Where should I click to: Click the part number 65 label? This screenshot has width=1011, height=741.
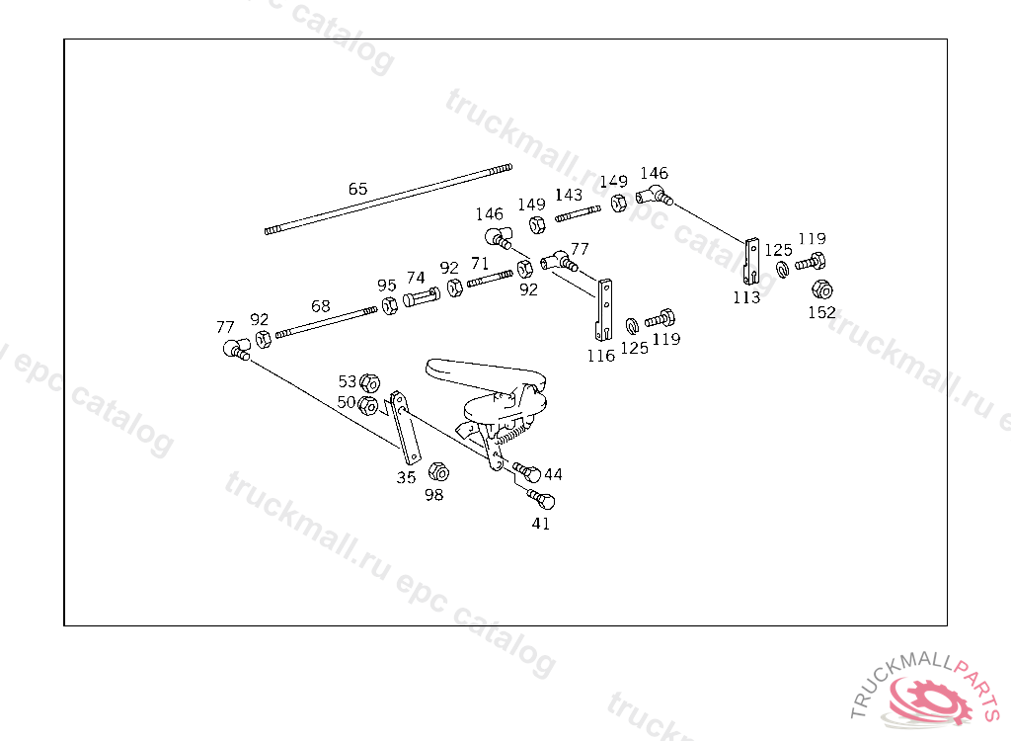(x=357, y=189)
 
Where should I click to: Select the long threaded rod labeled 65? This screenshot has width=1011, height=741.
(x=389, y=201)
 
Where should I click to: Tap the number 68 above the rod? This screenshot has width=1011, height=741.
(x=321, y=306)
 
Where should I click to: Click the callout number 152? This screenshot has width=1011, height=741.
(x=821, y=312)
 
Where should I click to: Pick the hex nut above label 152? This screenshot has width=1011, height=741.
(x=821, y=289)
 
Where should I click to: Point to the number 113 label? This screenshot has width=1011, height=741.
(x=746, y=297)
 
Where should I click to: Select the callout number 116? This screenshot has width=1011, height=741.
(x=600, y=356)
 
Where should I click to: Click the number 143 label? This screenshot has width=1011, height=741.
(x=568, y=195)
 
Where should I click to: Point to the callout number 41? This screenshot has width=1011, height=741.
(x=541, y=524)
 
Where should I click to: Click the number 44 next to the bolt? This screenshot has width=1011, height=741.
(x=553, y=475)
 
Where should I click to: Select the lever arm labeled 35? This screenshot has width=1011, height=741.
(x=405, y=427)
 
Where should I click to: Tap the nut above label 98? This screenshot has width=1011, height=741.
(x=439, y=472)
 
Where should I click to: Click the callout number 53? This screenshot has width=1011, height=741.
(x=348, y=381)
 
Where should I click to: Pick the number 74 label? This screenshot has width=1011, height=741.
(x=416, y=279)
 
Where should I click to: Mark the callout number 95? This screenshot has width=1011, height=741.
(x=387, y=286)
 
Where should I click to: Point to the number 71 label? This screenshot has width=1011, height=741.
(x=480, y=263)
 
